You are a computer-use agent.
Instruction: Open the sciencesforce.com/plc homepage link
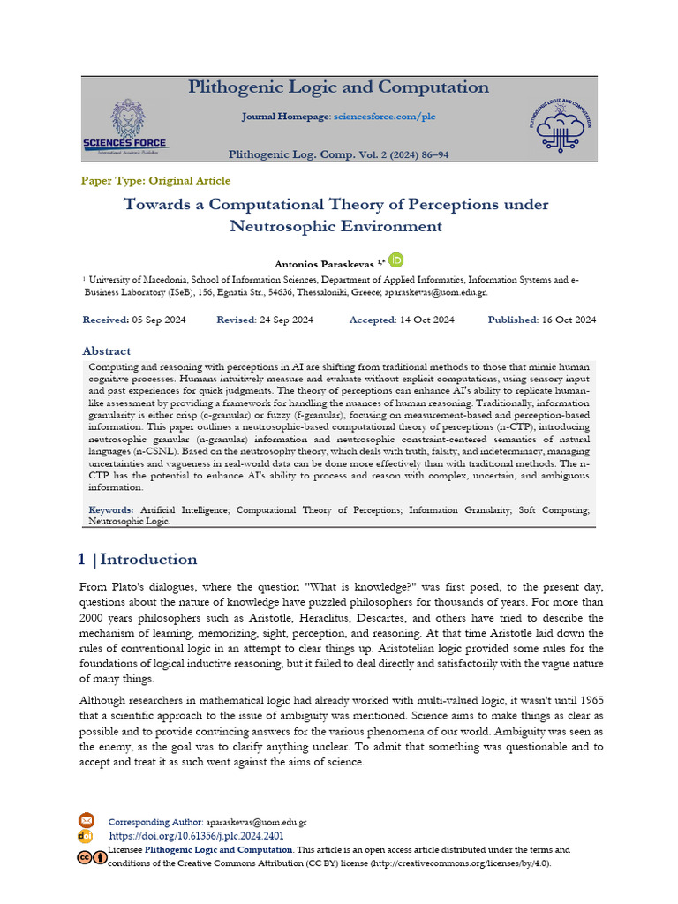click(384, 117)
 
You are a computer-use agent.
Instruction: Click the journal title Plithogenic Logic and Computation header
click(338, 87)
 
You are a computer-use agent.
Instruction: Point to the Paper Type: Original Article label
click(155, 181)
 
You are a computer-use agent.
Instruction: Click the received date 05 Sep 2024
click(154, 320)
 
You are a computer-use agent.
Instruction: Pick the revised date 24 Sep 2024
click(285, 320)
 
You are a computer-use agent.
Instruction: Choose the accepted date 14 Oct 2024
click(426, 320)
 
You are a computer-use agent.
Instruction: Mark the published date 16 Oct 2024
click(568, 320)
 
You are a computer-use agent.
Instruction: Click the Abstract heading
click(106, 350)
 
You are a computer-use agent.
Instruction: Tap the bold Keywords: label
click(111, 510)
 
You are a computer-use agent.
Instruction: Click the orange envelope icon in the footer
click(86, 820)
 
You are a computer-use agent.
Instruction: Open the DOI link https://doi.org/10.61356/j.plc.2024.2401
click(196, 835)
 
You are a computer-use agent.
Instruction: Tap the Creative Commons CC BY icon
click(91, 856)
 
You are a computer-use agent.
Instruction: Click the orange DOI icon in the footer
click(86, 835)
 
